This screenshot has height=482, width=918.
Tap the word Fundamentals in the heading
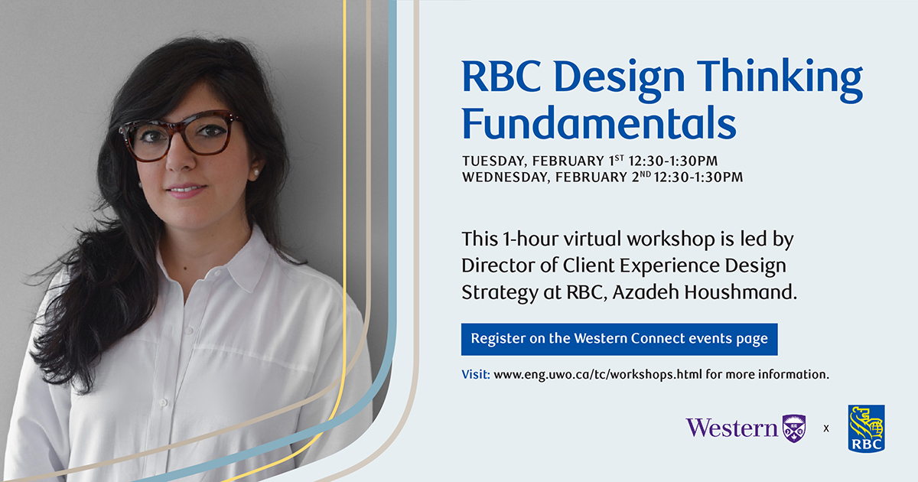(598, 123)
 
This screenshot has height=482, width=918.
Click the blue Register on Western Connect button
(619, 338)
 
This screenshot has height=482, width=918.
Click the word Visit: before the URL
(476, 375)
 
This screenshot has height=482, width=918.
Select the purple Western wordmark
(731, 428)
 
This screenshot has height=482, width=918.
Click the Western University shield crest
(793, 428)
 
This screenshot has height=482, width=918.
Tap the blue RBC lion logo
(866, 428)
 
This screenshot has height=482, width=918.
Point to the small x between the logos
(826, 428)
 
